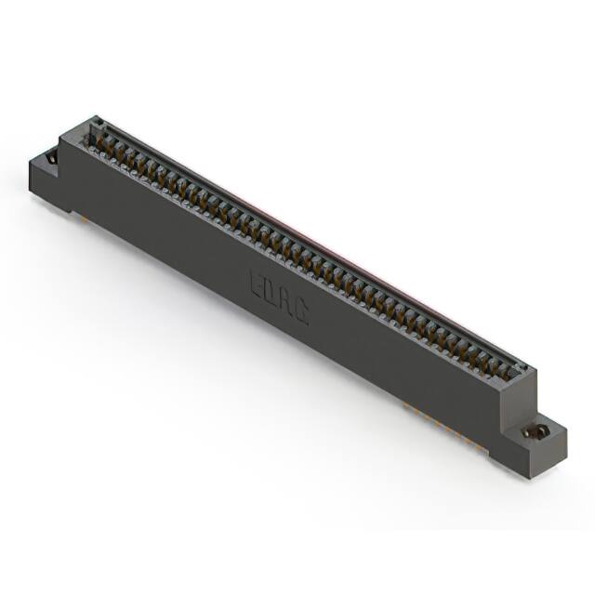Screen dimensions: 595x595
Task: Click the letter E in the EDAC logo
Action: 256,283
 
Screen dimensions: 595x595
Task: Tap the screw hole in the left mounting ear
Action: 52,158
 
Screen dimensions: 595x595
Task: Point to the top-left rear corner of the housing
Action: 96,117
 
